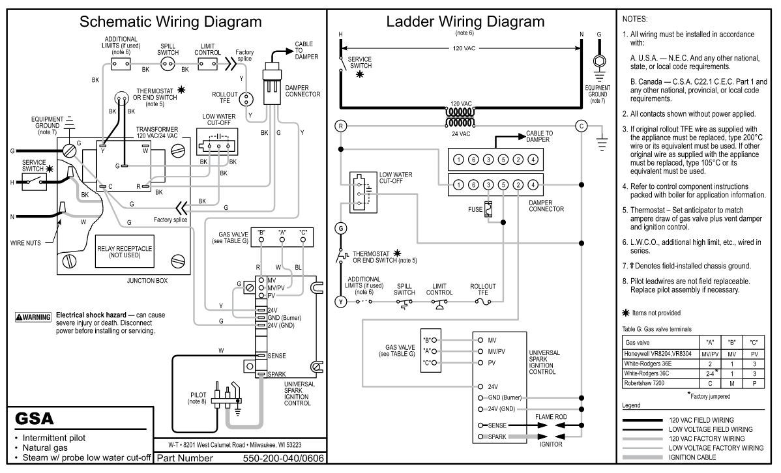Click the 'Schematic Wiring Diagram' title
click(170, 22)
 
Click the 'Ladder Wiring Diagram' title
click(465, 22)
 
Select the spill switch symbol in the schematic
click(168, 64)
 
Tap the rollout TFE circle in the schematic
click(244, 99)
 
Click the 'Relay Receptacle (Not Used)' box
click(125, 251)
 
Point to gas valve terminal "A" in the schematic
click(282, 240)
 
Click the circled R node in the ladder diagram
click(341, 126)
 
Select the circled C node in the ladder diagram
click(582, 126)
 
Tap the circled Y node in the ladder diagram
click(341, 302)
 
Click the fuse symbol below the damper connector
click(489, 210)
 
